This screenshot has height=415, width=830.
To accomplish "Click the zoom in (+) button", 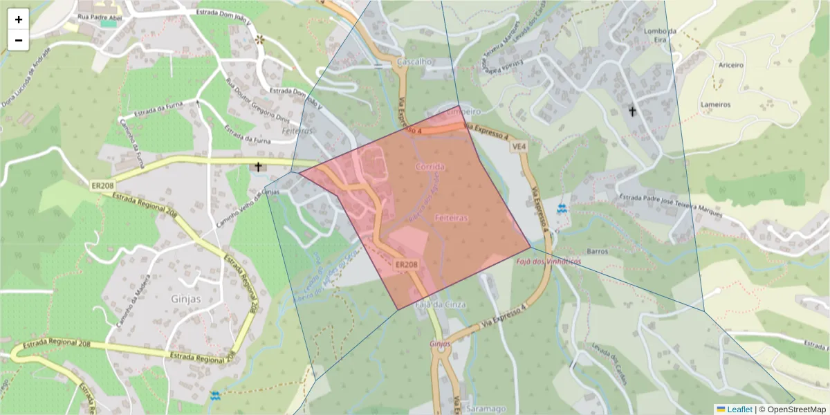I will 19,19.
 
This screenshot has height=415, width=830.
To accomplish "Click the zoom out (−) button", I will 19,40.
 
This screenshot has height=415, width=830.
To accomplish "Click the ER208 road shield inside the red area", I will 407,265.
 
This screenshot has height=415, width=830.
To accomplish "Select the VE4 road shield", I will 519,147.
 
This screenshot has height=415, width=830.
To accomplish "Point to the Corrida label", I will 430,167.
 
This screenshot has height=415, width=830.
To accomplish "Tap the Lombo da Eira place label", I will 659,35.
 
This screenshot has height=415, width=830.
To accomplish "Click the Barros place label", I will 597,251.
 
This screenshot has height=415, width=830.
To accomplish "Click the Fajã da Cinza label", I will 440,304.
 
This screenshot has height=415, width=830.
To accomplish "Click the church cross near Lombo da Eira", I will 631,110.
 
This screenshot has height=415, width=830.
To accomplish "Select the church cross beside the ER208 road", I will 258,167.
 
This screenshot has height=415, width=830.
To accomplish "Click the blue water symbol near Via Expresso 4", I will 561,208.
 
